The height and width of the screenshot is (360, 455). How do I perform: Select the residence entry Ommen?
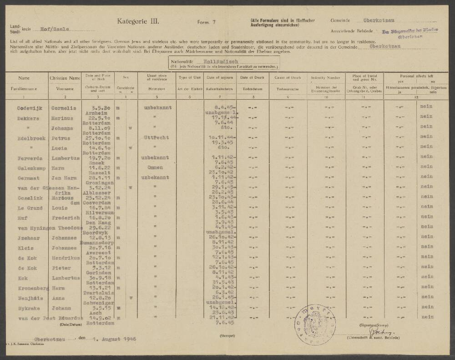pos(156,167)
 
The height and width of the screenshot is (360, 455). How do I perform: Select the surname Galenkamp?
pos(28,167)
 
